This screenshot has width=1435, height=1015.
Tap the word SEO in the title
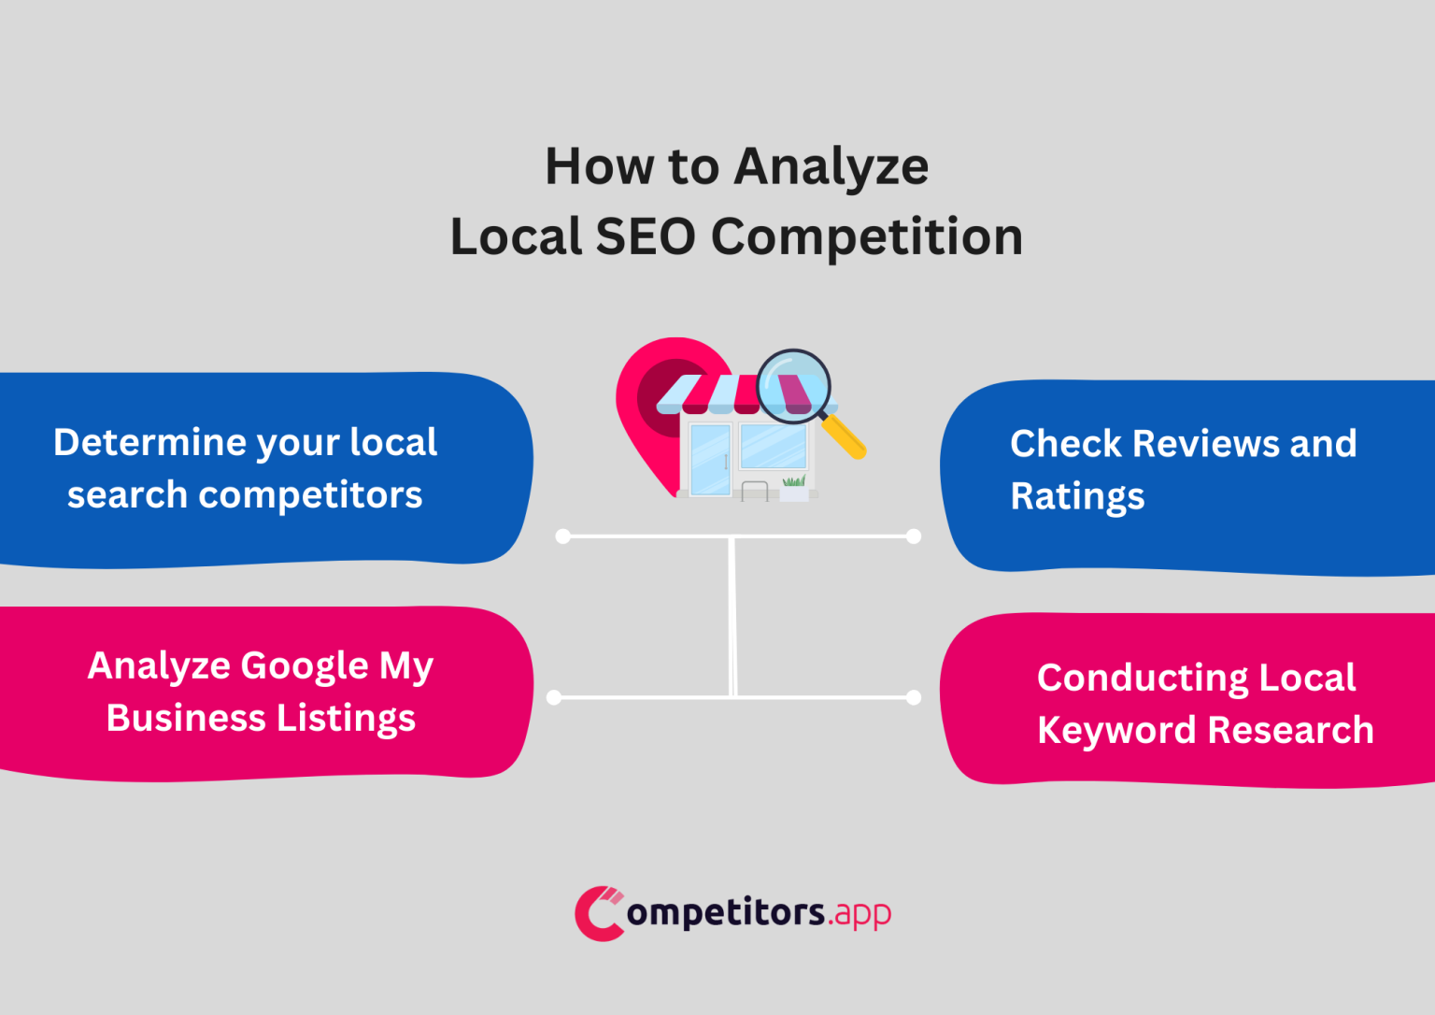click(x=646, y=237)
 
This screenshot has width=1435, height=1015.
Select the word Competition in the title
click(x=867, y=237)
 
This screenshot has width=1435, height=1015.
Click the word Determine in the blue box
click(x=149, y=443)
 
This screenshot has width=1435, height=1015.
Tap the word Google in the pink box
click(x=305, y=666)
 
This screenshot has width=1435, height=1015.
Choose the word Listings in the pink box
click(x=346, y=719)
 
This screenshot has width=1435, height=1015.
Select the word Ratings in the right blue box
click(x=1077, y=496)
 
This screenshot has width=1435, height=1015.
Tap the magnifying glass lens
click(x=793, y=386)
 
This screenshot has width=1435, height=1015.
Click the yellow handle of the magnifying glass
click(x=845, y=437)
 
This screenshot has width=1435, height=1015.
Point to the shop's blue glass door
click(x=710, y=459)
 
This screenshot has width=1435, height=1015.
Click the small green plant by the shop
click(x=794, y=480)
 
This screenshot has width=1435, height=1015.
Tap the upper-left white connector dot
click(x=562, y=536)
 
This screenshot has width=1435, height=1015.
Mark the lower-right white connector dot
click(x=914, y=697)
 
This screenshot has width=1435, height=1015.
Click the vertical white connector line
click(x=732, y=617)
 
